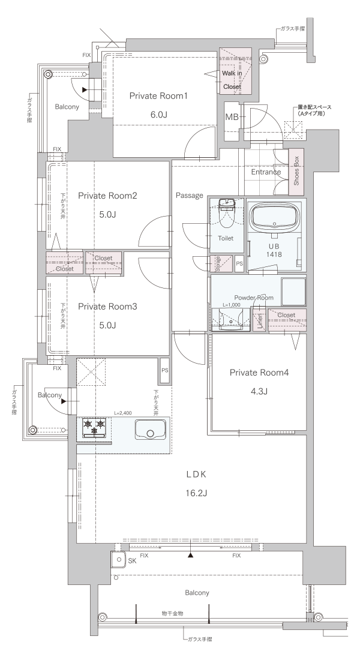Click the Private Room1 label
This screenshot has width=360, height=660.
coord(158,96)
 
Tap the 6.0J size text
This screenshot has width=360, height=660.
coord(158,115)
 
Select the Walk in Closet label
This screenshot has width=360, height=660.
coord(232,80)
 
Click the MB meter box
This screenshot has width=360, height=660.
coord(232,117)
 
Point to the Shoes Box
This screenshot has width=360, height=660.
coord(296,172)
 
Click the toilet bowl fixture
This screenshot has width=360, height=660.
coord(227,214)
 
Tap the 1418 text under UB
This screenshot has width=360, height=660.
coord(274,254)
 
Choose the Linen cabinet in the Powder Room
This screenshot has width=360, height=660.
coord(259,321)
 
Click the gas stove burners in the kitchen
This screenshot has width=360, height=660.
coord(94,427)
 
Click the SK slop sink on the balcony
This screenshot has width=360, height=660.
coord(119,559)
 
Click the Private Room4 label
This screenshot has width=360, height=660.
coord(259,373)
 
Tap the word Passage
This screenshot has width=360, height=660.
coord(190,196)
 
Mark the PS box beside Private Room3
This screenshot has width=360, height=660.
coord(164,370)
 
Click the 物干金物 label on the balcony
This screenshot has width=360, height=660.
coord(172,613)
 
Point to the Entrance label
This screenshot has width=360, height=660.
coord(266,172)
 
